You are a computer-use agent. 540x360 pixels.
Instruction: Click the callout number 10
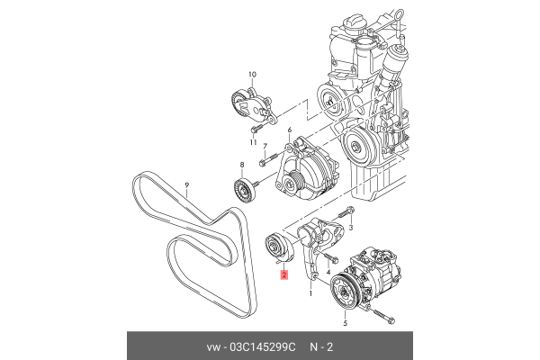point(252,74)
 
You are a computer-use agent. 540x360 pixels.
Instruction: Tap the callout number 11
point(253,141)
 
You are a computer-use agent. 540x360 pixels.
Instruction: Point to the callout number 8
point(241,165)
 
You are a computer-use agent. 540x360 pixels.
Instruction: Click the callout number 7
point(265,146)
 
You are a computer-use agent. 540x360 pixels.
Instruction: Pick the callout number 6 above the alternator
point(289,131)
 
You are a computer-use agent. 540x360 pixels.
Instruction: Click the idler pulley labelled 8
point(242,191)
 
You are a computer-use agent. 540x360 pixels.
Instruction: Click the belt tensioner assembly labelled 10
point(252,106)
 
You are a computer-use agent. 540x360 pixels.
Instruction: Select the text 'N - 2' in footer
point(323,346)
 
